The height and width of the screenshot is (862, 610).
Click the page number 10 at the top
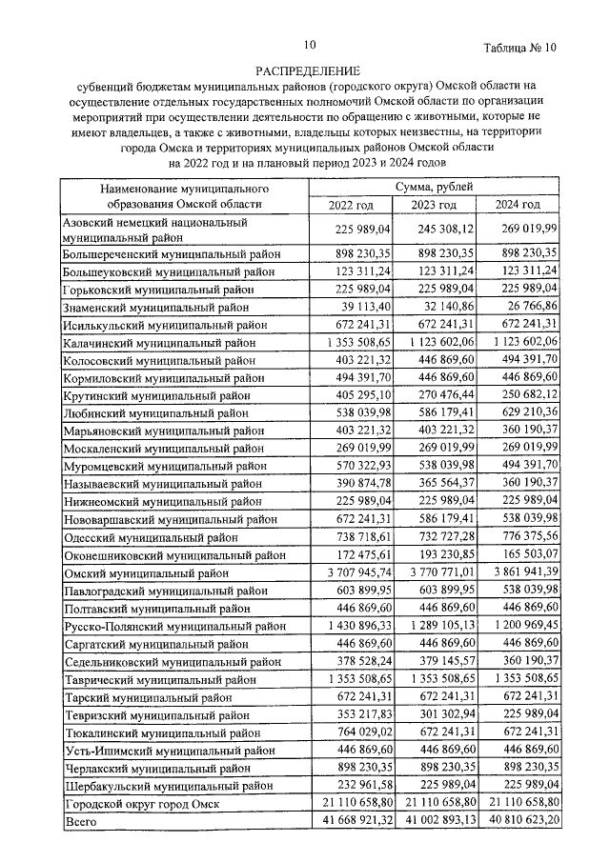coord(310,44)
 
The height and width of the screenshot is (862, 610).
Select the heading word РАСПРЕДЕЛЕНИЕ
coord(308,70)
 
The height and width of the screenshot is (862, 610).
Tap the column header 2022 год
coord(351,205)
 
